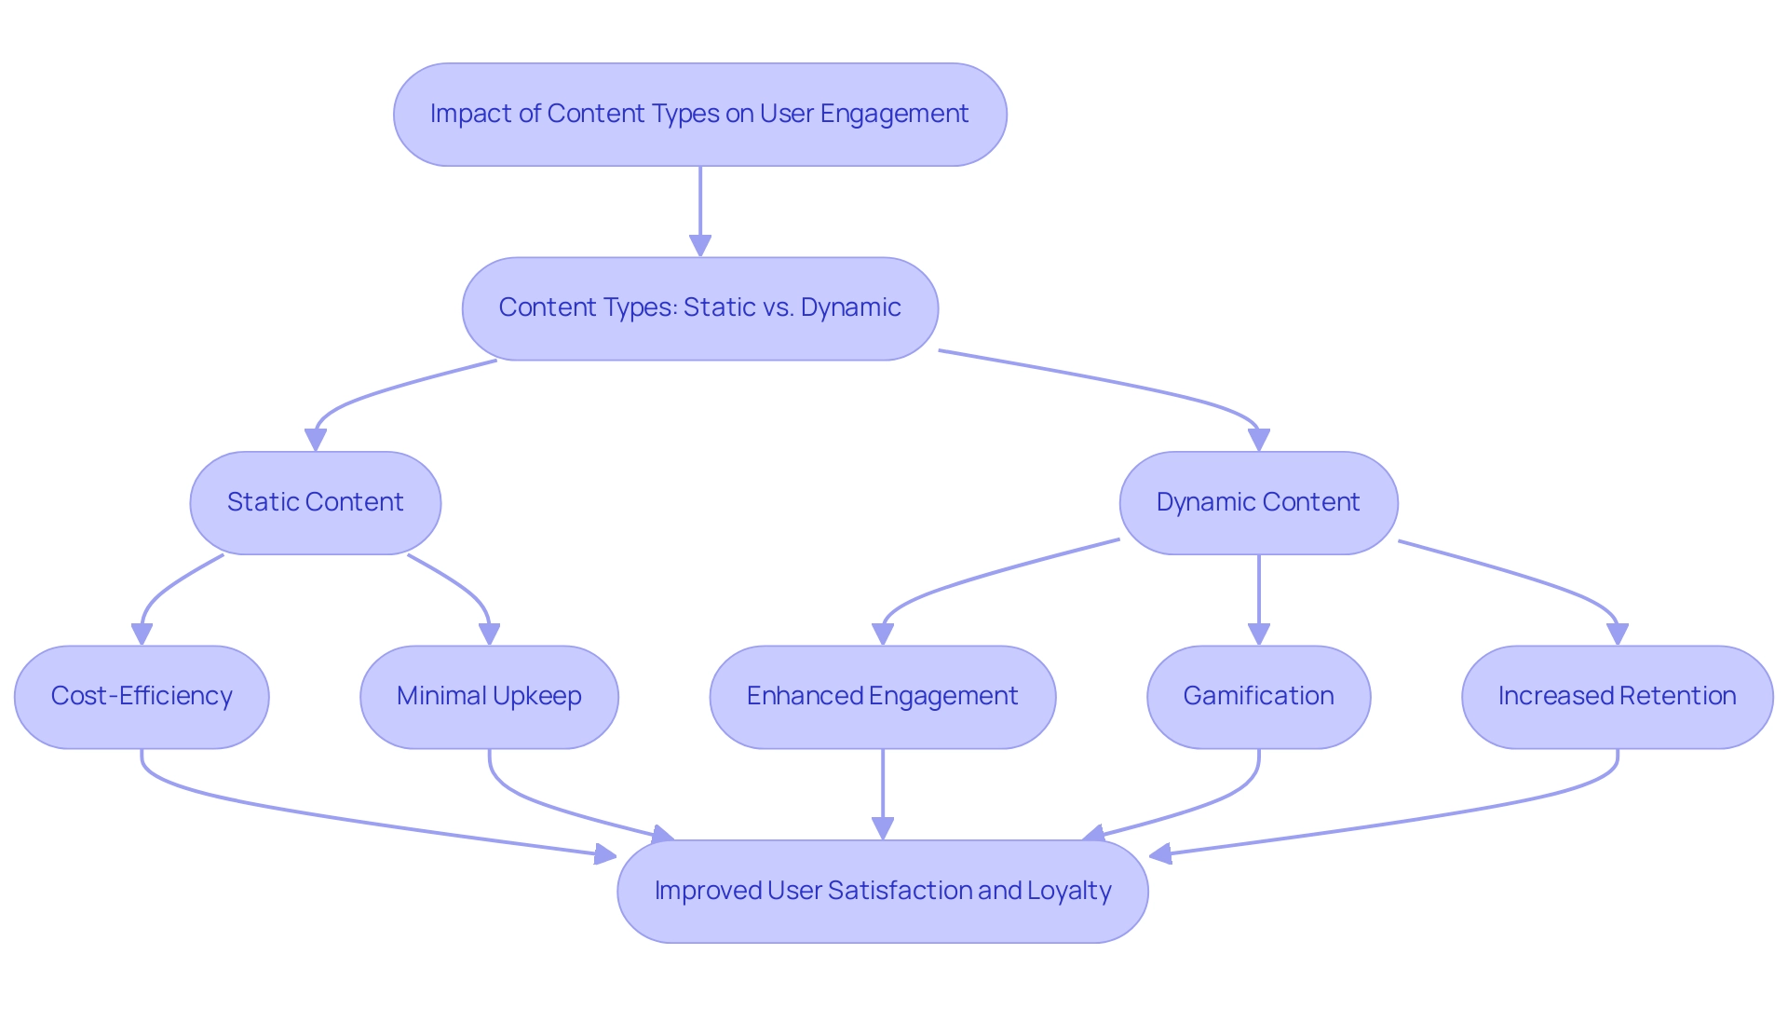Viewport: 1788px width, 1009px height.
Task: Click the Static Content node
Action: click(315, 503)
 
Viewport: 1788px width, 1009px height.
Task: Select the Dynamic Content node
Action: click(1258, 503)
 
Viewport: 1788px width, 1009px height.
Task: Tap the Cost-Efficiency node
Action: click(142, 697)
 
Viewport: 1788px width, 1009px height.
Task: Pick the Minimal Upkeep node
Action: click(489, 697)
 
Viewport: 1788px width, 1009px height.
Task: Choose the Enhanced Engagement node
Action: click(882, 697)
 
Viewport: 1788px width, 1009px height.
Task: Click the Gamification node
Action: click(1258, 697)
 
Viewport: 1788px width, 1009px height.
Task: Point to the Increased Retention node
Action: click(1617, 697)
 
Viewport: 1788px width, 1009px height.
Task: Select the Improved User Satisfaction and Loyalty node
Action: click(882, 892)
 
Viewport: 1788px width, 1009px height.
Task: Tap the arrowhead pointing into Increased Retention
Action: click(1618, 634)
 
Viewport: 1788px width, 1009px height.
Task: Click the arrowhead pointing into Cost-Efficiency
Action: click(142, 634)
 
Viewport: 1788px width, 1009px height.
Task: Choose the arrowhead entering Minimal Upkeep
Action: click(489, 634)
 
